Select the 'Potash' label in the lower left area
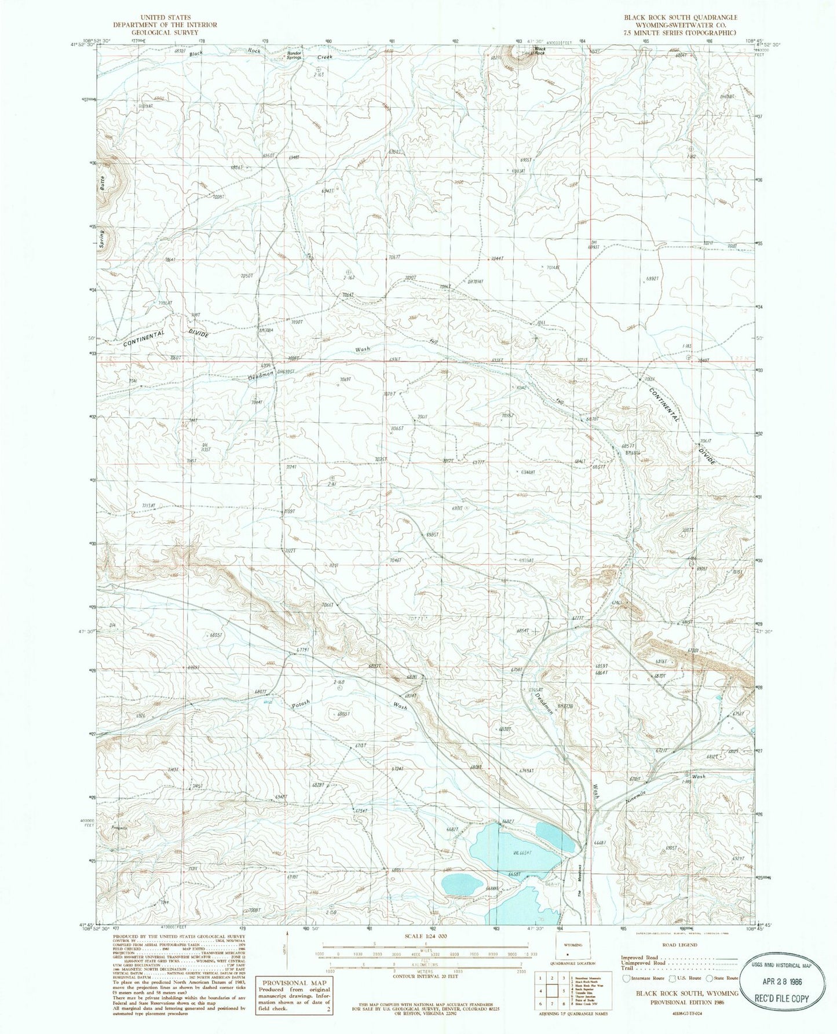tap(301, 706)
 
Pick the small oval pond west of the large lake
tap(462, 884)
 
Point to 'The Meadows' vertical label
tap(579, 880)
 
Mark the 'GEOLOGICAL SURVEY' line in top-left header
tap(165, 33)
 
